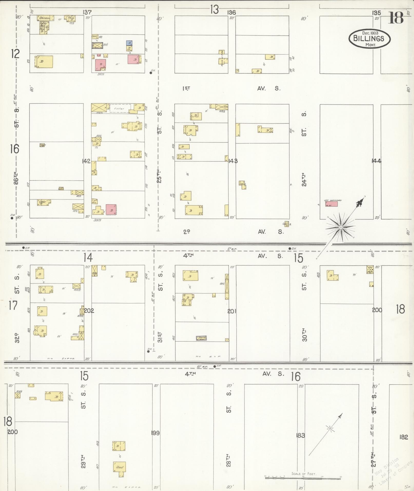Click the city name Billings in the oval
[369, 38]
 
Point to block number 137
[87, 12]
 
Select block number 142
[86, 161]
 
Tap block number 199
[156, 433]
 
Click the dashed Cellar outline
[120, 108]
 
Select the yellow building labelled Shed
[119, 467]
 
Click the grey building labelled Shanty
[201, 338]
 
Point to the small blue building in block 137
[129, 43]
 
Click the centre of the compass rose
[341, 227]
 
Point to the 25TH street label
[159, 176]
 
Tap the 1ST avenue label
[186, 89]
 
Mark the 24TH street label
[304, 179]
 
